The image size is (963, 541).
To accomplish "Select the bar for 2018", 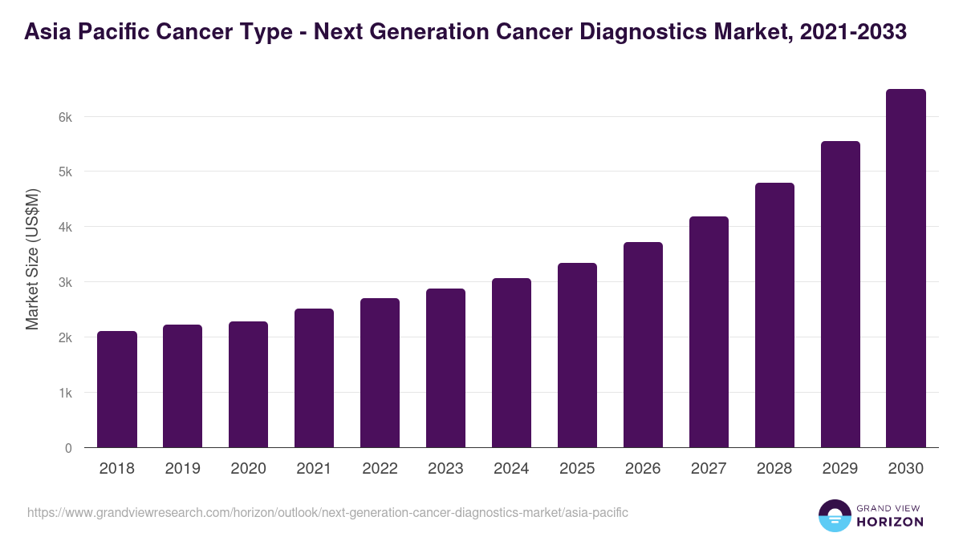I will tap(117, 390).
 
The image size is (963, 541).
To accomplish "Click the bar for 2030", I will tap(906, 268).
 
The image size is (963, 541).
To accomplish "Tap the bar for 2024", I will tap(511, 363).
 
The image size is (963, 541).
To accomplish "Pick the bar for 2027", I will tap(709, 332).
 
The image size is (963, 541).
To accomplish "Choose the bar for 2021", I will tap(314, 378).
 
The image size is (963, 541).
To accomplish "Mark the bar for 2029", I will tap(840, 294).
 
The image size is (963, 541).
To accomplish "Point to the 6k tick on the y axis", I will tap(65, 117).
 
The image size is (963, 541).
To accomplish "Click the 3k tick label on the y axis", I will tap(65, 282).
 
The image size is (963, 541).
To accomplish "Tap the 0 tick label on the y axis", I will tap(68, 448).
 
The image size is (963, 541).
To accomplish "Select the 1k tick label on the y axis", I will tap(65, 393).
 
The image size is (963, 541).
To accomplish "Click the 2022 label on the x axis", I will tap(380, 469).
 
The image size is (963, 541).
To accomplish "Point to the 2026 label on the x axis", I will tap(643, 469).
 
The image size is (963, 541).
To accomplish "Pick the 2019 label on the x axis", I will tap(182, 469).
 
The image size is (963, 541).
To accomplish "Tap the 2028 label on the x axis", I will tap(774, 469).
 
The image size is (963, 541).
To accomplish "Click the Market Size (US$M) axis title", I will tap(32, 260).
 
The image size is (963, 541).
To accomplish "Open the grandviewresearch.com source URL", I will tap(327, 512).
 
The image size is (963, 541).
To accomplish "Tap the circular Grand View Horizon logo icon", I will tap(835, 515).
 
